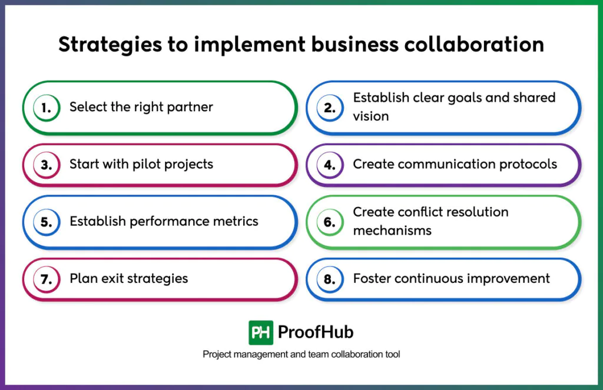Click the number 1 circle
tap(47, 108)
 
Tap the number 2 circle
tap(330, 108)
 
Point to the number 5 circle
tap(47, 223)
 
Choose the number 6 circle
tap(330, 223)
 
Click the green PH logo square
tap(260, 332)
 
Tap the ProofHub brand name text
tap(316, 332)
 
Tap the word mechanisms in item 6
tap(392, 231)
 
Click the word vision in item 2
tap(371, 116)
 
